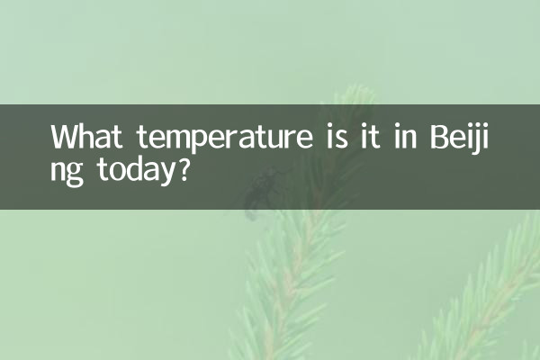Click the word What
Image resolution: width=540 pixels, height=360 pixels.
86,137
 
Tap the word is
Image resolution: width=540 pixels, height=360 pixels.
337,136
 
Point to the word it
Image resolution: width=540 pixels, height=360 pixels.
370,136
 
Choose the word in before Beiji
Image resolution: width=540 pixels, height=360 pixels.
405,136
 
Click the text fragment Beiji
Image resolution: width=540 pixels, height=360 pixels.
459,139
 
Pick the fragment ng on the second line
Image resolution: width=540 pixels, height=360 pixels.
67,173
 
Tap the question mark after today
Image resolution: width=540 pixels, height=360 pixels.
184,169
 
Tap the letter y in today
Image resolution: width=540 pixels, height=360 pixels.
165,175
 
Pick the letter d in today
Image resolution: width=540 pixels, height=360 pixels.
128,169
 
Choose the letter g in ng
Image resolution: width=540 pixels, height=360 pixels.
76,175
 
